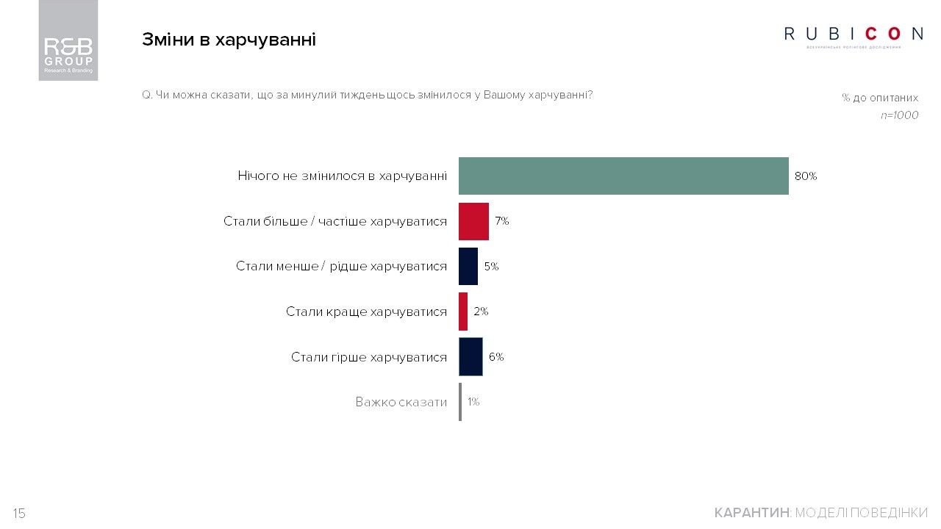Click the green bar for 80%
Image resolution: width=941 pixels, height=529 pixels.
coord(623,176)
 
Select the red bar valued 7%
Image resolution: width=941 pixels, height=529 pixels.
coord(473,221)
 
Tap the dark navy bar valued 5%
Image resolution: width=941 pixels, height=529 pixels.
coord(468,266)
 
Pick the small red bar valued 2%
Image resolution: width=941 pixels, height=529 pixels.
coord(463,312)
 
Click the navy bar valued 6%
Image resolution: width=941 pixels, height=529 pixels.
coord(470,357)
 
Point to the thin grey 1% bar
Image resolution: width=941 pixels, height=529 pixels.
coord(460,402)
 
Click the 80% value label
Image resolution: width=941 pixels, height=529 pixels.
coord(806,176)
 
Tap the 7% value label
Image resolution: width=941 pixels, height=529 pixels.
coord(502,221)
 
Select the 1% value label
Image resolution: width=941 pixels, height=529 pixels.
coord(473,402)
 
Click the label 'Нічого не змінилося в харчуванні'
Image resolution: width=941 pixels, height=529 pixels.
coord(342,176)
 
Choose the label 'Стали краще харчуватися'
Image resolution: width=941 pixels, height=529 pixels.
coord(366,312)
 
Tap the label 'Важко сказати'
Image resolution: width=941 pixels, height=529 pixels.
coord(401,402)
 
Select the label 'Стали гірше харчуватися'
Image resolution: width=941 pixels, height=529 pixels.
coord(368,357)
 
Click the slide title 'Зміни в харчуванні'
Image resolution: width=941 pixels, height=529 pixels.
coord(229,40)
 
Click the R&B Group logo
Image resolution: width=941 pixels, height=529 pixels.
coord(68,40)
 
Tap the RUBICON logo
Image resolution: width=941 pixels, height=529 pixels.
coord(854,35)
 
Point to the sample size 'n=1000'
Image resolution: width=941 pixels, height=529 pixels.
coord(899,115)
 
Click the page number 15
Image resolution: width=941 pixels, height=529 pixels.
coord(19,514)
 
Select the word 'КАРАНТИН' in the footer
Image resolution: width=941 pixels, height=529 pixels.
coord(751,513)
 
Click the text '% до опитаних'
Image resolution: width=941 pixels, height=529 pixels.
coord(880,98)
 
